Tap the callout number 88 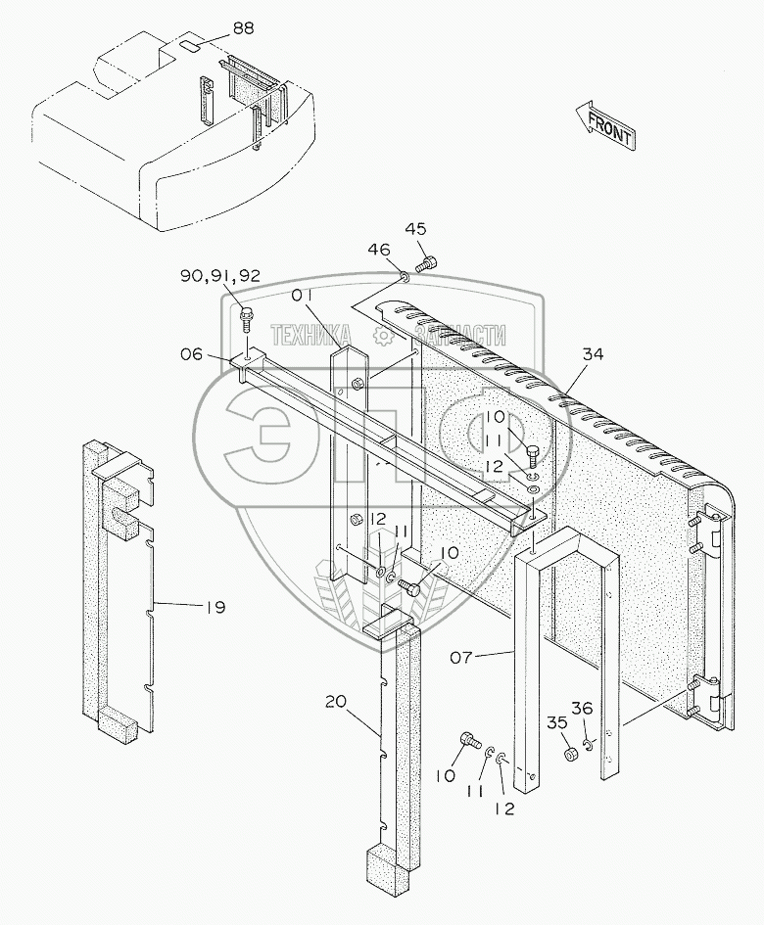[x=243, y=28]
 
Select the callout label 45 [x=416, y=229]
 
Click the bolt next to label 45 [x=427, y=262]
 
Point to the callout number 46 [x=378, y=251]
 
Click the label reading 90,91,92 [x=220, y=276]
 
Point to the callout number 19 [x=215, y=607]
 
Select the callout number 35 [x=557, y=722]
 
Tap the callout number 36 [x=583, y=709]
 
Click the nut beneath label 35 [x=568, y=755]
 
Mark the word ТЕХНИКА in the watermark [x=310, y=334]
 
